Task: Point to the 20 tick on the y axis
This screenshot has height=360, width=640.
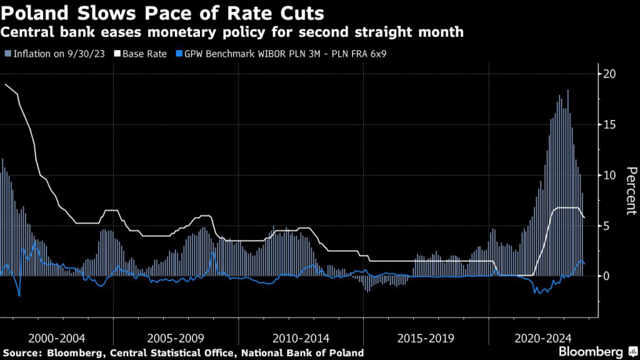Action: click(x=609, y=74)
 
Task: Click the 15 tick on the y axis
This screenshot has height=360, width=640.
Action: click(x=609, y=124)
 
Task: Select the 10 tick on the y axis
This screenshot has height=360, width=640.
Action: click(x=609, y=175)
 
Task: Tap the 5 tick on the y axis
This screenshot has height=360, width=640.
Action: click(x=606, y=226)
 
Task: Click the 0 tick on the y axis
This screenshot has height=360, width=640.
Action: click(x=606, y=276)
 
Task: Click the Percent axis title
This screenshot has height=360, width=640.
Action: click(x=631, y=191)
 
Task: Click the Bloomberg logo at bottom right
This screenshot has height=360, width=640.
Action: click(x=591, y=351)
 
